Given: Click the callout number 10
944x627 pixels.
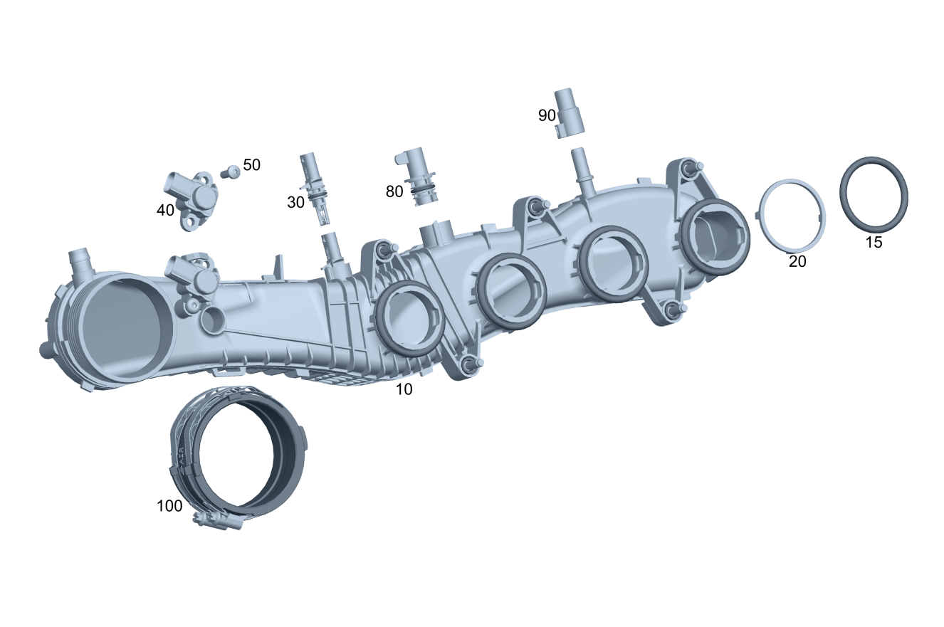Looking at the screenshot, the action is (x=404, y=389).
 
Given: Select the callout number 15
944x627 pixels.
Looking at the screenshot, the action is (x=874, y=242).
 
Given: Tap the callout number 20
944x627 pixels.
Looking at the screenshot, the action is (x=797, y=261).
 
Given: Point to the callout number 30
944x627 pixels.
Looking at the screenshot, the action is (x=295, y=202).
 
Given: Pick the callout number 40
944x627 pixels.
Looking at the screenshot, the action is (x=165, y=210).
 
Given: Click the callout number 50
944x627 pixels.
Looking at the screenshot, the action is (x=251, y=164).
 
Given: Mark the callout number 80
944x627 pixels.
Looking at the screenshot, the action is (x=394, y=191).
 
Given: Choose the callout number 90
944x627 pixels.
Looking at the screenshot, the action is (x=547, y=115).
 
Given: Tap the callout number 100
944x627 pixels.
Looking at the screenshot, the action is (x=169, y=505).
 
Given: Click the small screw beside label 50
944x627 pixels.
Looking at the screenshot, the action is (x=231, y=172).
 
